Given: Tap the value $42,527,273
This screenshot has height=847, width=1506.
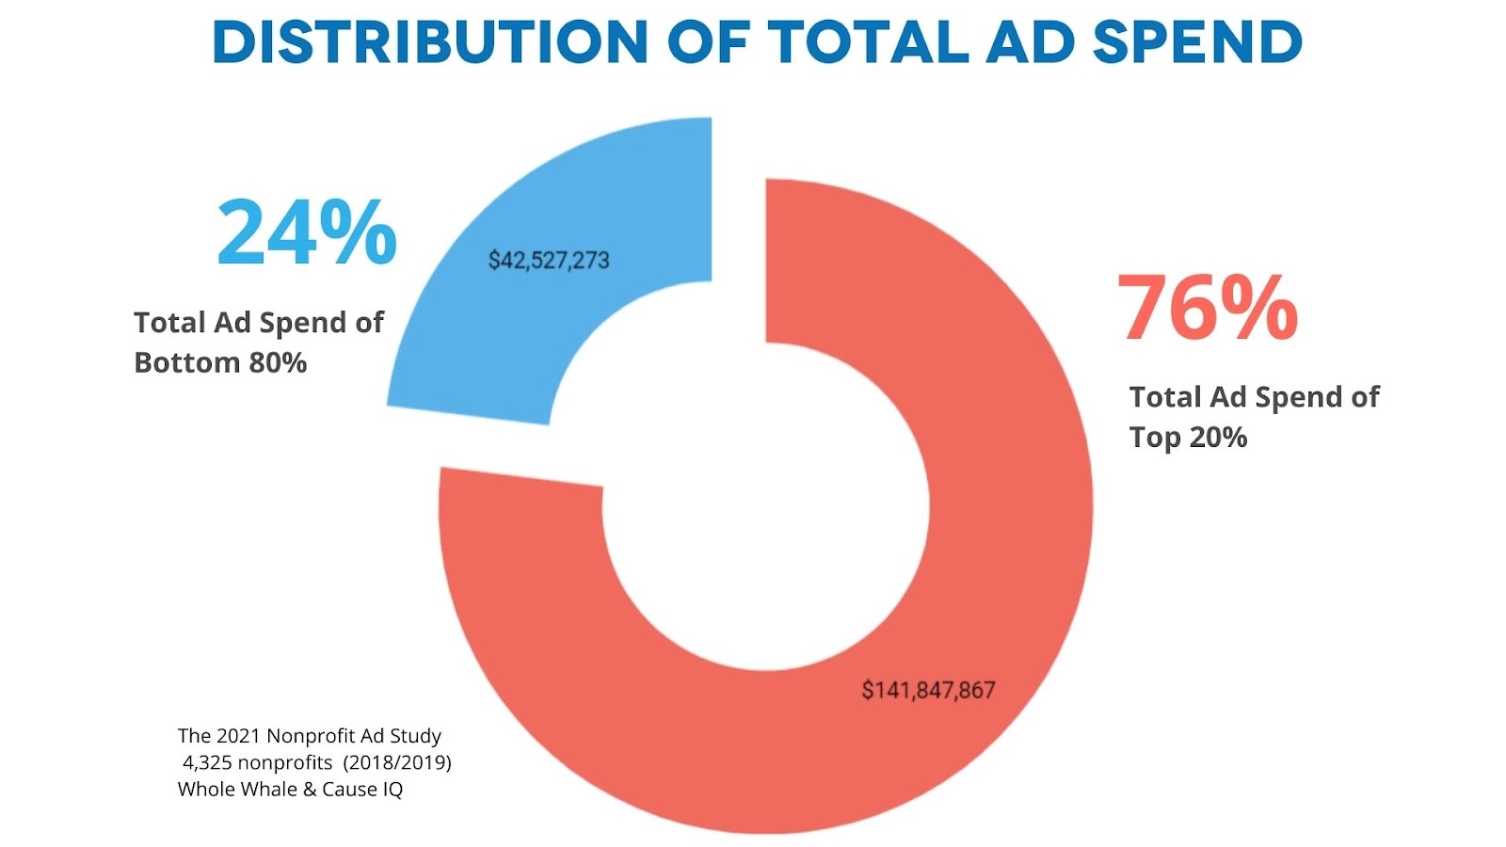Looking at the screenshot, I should click(x=549, y=260).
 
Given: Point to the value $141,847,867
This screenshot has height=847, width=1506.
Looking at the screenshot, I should click(x=928, y=690).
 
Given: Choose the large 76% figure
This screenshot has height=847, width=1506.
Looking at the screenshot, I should click(x=1208, y=308).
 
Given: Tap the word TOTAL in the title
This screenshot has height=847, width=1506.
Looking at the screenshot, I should click(x=868, y=42).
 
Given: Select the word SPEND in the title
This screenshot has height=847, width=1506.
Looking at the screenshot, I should click(x=1197, y=42).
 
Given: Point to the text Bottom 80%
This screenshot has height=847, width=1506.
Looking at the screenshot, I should click(x=220, y=362).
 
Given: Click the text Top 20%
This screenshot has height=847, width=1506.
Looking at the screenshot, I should click(x=1188, y=437).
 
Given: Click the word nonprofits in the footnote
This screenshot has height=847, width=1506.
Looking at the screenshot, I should click(x=284, y=762).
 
